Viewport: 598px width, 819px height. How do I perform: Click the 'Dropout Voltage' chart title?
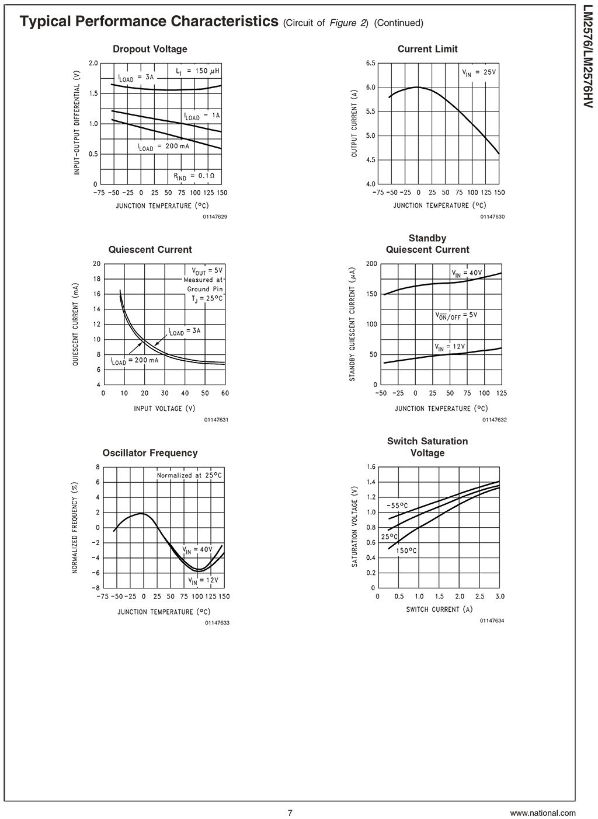click(x=150, y=49)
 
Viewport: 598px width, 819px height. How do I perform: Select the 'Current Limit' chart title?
click(x=427, y=49)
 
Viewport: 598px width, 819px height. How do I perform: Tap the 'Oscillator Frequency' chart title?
click(x=150, y=453)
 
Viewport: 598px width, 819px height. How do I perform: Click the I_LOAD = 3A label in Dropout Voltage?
click(x=136, y=78)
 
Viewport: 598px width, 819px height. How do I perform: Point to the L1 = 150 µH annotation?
click(x=197, y=71)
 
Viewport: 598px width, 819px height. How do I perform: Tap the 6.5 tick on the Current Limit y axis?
click(x=370, y=63)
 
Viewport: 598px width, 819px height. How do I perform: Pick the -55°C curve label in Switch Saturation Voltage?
click(x=397, y=506)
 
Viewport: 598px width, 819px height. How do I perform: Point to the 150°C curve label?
click(x=406, y=550)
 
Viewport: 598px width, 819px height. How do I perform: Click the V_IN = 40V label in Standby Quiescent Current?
click(x=467, y=273)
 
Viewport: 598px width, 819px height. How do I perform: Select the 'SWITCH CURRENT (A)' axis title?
click(x=439, y=609)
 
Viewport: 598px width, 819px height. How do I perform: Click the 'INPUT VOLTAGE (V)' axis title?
click(x=165, y=408)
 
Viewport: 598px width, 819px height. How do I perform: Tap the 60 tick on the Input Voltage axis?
click(x=225, y=393)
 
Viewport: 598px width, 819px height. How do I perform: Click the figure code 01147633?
click(x=217, y=623)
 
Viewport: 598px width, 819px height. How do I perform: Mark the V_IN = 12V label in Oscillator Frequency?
click(x=203, y=580)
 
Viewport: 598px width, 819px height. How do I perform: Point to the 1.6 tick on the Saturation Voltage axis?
click(x=371, y=467)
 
